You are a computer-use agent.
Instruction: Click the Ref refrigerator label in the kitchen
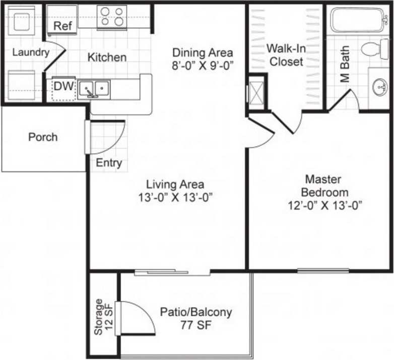62,26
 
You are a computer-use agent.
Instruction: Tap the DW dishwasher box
64,87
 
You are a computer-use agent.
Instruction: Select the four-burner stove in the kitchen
112,16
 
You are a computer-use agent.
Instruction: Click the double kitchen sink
94,89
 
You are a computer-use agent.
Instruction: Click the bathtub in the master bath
358,19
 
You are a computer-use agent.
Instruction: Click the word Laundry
30,52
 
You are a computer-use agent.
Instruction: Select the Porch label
43,137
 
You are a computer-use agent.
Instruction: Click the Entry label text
109,163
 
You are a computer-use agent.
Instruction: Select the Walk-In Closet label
286,55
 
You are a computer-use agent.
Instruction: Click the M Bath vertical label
345,71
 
